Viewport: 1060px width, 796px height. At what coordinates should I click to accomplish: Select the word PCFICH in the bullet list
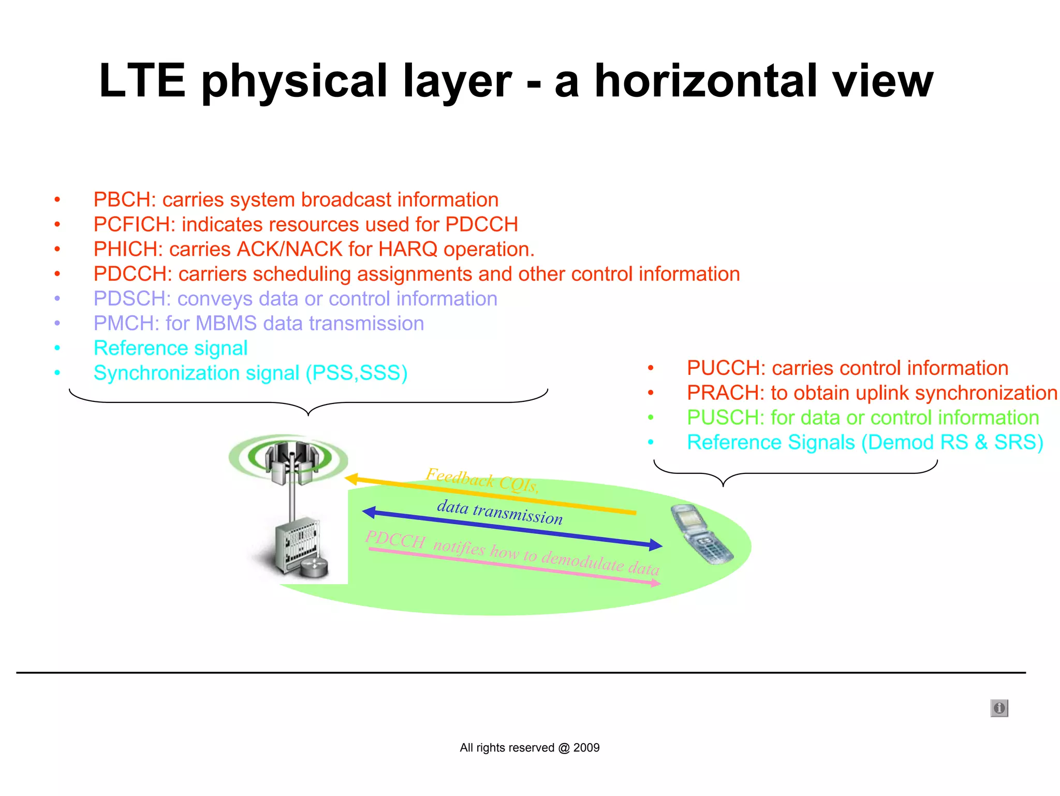[x=134, y=225]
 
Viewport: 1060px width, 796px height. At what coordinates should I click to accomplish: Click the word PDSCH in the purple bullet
[x=131, y=299]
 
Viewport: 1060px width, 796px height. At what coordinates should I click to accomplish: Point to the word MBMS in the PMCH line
[x=226, y=324]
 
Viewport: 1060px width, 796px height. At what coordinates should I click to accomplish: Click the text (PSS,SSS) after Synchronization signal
[x=356, y=373]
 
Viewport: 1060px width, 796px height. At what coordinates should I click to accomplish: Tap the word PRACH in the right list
[x=725, y=393]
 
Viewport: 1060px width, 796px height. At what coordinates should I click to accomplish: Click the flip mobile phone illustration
[x=702, y=534]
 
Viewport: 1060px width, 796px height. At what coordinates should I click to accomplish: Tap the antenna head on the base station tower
[x=291, y=459]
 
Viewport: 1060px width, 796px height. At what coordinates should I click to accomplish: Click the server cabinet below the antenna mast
[x=297, y=547]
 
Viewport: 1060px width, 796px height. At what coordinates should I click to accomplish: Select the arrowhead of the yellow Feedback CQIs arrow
[x=351, y=479]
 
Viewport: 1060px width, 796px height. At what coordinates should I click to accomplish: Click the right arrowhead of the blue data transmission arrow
[x=656, y=544]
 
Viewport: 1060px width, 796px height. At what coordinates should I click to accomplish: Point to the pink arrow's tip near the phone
[x=656, y=584]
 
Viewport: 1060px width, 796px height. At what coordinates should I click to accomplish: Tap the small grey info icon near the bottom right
[x=999, y=708]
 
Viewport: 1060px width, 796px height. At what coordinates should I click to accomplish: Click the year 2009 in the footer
[x=586, y=748]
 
